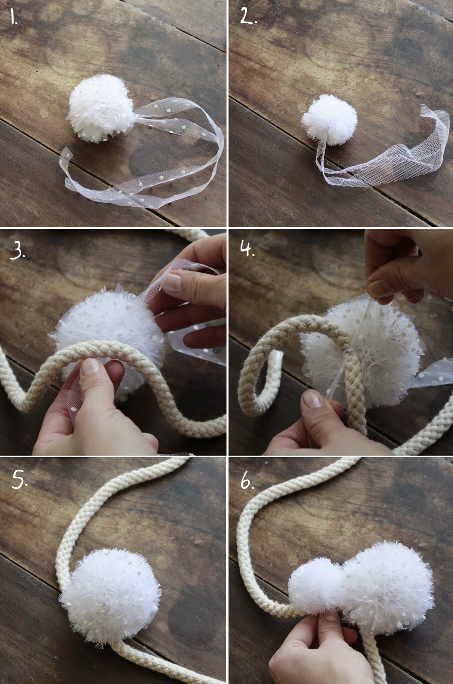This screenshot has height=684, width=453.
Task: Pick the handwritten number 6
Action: point(247,480)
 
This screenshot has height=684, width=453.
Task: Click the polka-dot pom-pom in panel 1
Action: point(100,109)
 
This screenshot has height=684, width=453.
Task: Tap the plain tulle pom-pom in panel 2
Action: point(329,119)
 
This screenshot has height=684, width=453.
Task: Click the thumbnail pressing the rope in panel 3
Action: point(90,365)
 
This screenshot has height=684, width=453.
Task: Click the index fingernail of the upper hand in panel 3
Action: point(172,283)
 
